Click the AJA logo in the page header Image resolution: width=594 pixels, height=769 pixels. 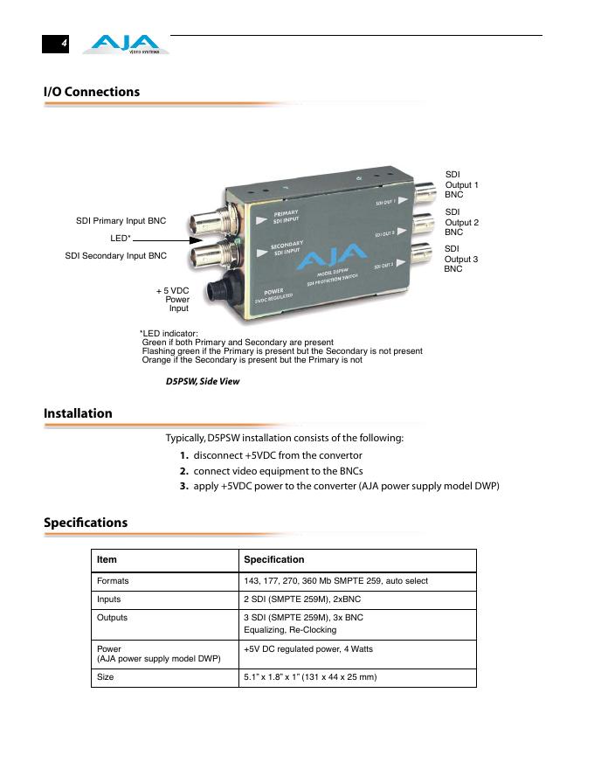(126, 44)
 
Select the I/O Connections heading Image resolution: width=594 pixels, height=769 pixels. (92, 92)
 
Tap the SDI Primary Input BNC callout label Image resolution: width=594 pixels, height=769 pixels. (121, 221)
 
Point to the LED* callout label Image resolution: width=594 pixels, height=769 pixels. (121, 238)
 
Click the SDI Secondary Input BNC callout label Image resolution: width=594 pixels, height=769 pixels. (115, 256)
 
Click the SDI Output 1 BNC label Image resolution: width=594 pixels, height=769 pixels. (461, 185)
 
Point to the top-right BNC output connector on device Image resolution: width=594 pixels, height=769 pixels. (427, 191)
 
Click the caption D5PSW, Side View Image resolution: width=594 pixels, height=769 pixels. (203, 382)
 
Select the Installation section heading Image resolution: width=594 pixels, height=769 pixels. (78, 413)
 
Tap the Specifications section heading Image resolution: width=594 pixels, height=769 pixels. (86, 523)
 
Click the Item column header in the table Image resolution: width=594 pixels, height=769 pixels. (107, 559)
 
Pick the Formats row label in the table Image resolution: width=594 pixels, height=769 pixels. (113, 580)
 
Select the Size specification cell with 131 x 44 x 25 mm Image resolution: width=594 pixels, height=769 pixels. (310, 676)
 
